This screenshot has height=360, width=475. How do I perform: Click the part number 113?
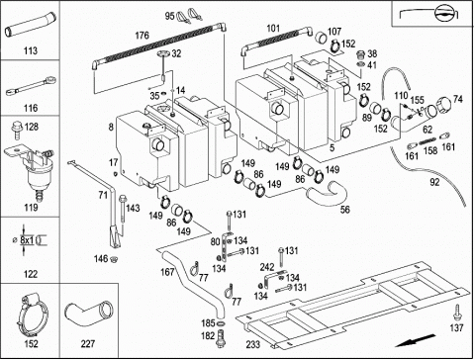[x=31, y=50]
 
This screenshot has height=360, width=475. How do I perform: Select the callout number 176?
[x=142, y=35]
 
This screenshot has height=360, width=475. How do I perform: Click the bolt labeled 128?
[x=16, y=131]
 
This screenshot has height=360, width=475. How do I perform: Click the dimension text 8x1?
[x=27, y=240]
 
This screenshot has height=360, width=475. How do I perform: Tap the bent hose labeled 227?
[x=89, y=313]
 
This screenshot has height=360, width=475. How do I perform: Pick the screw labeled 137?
[x=457, y=312]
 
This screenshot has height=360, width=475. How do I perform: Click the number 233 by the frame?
[x=253, y=344]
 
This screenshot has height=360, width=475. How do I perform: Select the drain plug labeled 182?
[x=220, y=338]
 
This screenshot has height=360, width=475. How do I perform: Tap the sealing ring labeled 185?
[x=221, y=323]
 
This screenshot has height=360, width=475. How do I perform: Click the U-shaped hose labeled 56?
[x=327, y=192]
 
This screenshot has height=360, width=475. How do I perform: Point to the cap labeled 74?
[x=444, y=105]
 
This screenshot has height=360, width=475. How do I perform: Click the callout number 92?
[x=434, y=182]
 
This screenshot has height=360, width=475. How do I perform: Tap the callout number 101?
[x=273, y=29]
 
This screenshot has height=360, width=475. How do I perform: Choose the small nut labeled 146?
[x=115, y=259]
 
